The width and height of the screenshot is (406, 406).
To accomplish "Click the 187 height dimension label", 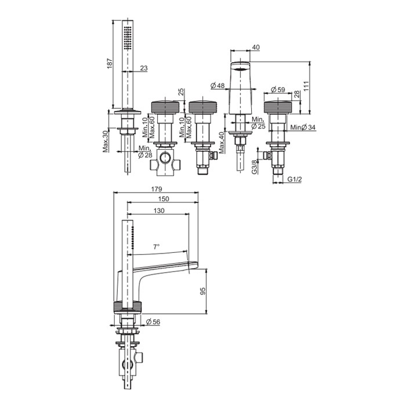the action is pos(110,63).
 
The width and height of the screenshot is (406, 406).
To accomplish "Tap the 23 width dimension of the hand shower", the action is pos(144,68).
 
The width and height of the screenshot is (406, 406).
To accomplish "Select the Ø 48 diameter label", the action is pos(217,85).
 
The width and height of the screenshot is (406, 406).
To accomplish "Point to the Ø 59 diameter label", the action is pos(278,89).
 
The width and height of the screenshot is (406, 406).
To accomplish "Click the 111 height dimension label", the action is pos(306,86).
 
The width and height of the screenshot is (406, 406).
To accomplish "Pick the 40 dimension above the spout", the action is pos(256,48).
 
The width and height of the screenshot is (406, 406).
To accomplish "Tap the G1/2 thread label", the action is pos(295,179).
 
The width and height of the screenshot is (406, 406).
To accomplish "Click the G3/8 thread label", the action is pos(255,167).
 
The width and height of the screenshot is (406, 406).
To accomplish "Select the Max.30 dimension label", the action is pos(106,141).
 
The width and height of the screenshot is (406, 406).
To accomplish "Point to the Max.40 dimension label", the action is pos(222,143).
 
